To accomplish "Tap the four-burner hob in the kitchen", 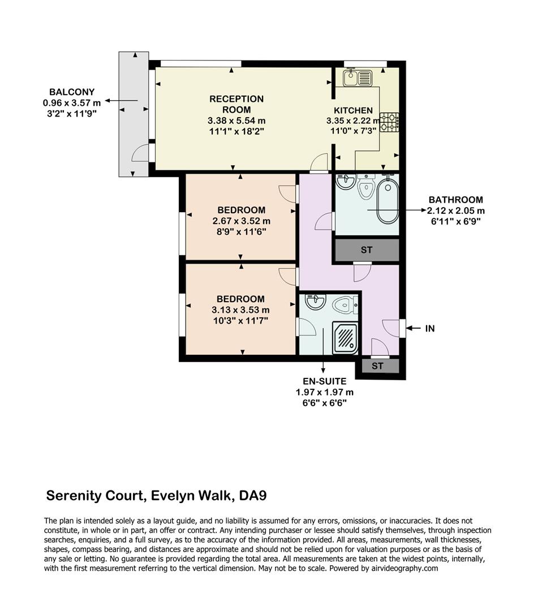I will point(389,122).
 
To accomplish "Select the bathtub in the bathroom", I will point(388,201).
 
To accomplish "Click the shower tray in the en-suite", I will point(344,338).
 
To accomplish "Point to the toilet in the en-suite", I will point(344,305).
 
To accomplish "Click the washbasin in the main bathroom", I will point(346,182).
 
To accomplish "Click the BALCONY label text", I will point(72,92).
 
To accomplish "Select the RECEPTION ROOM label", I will point(236,104).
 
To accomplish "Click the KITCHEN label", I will point(353,110).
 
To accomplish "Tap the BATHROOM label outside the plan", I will point(455,200).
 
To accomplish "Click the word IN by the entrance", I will point(430,328).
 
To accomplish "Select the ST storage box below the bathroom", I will point(366,250).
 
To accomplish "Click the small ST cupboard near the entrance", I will point(377,367).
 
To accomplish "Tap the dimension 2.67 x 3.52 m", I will point(242,221).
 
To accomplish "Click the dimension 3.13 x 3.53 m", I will point(241,309).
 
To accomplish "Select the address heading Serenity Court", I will point(156,496).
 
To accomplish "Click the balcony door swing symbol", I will point(139,154).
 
